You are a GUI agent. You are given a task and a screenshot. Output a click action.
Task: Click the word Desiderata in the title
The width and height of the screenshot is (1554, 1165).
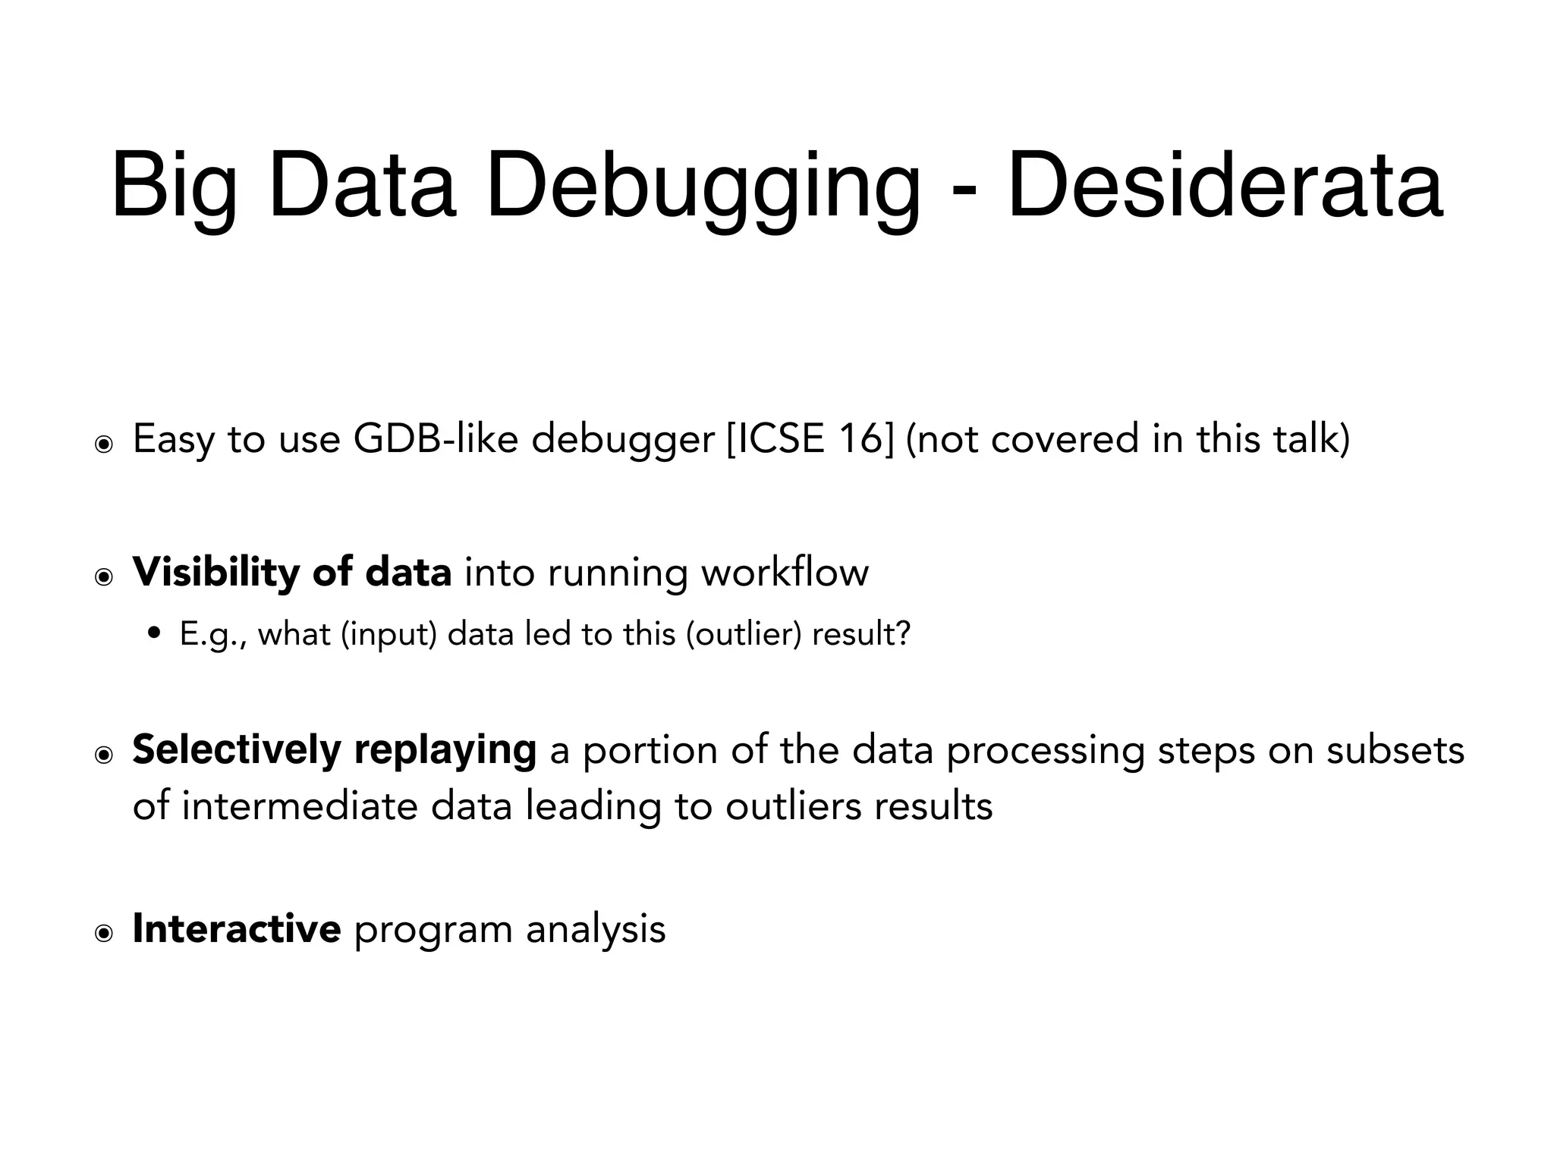click(x=1225, y=184)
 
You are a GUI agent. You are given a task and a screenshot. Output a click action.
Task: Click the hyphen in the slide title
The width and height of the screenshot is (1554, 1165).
click(x=963, y=190)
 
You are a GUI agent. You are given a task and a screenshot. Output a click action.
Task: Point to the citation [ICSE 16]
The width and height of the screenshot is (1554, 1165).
click(x=810, y=438)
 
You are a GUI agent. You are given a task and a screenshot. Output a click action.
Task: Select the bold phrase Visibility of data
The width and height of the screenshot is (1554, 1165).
click(x=292, y=572)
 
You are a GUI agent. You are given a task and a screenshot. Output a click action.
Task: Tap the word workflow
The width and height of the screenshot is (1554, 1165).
click(x=785, y=572)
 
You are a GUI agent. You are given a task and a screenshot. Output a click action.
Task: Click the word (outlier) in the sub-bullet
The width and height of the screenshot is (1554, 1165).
click(x=743, y=634)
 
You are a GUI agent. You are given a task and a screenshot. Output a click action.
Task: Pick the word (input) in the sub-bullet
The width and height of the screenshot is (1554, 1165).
click(x=389, y=634)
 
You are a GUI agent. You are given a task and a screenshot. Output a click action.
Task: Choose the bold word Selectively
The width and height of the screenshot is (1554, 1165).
click(x=237, y=750)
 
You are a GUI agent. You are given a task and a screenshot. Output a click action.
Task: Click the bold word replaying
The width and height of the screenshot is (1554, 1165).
click(x=445, y=750)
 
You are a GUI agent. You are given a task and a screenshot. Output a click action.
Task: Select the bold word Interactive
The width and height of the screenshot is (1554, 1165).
click(x=237, y=928)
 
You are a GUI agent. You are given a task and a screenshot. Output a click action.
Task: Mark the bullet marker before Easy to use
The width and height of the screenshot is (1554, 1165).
click(x=104, y=444)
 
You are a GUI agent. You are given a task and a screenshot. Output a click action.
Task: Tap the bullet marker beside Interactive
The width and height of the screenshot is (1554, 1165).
click(x=104, y=934)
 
